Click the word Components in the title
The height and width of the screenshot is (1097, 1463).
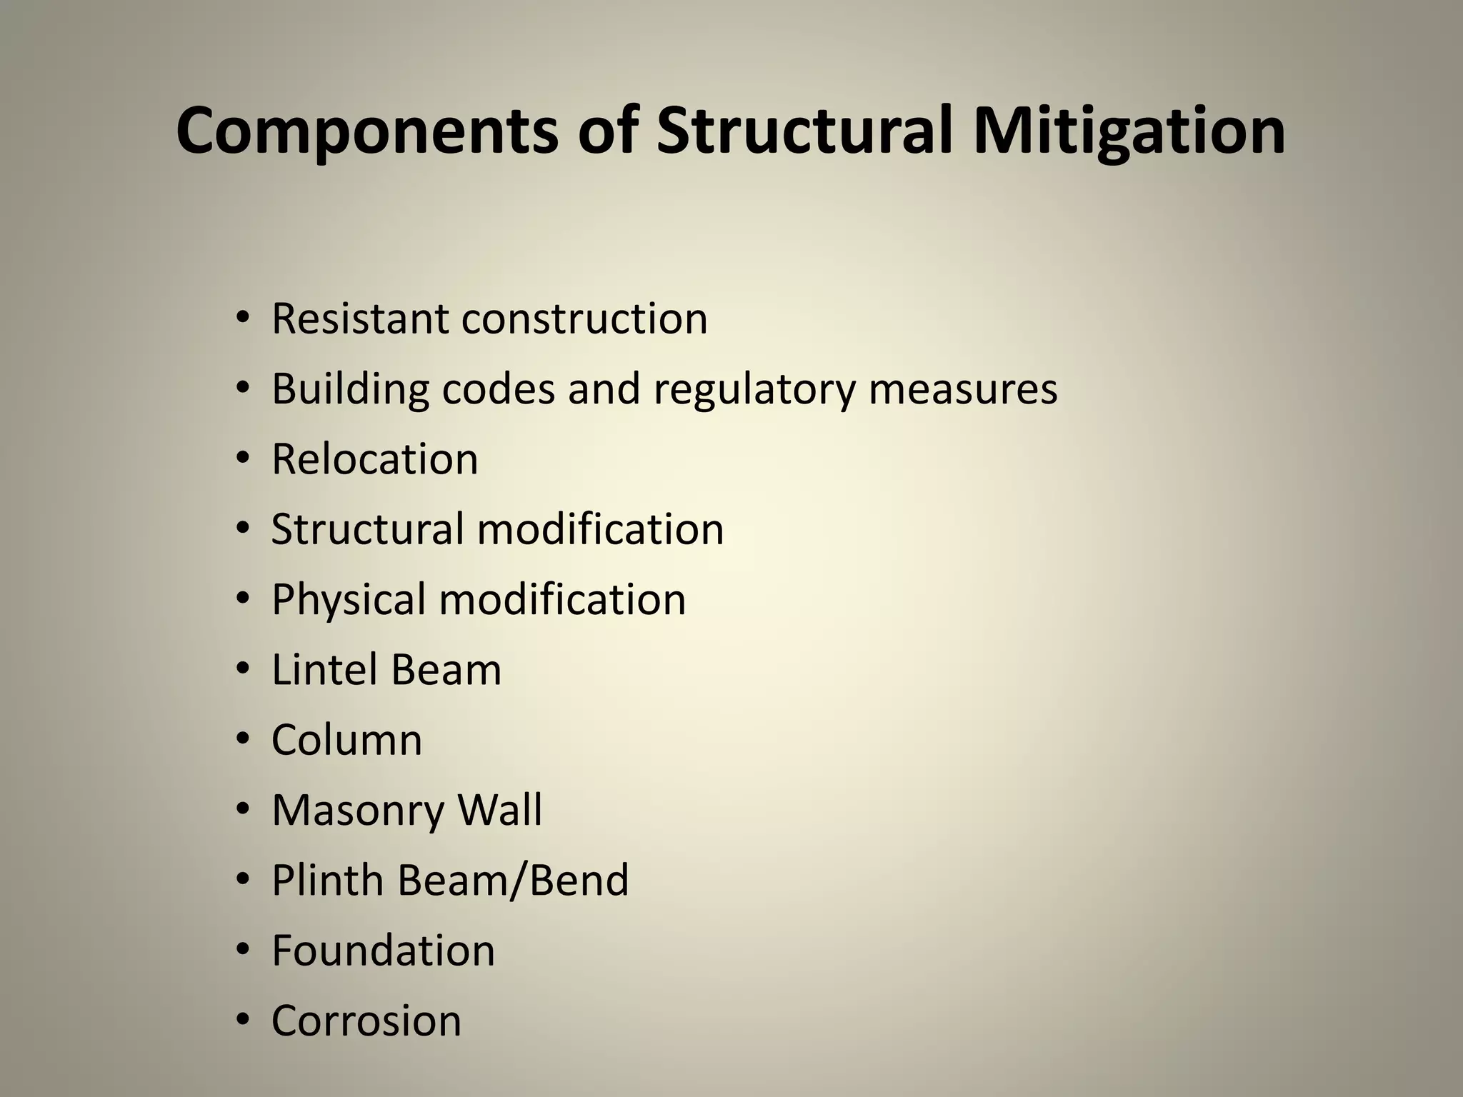coord(366,132)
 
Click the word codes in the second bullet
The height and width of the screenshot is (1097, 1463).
coord(498,389)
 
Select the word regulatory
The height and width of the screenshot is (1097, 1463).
coord(754,391)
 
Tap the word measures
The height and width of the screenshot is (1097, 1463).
coord(962,389)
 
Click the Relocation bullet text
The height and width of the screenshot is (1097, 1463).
coord(374,459)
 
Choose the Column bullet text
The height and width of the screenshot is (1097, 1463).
coord(346,740)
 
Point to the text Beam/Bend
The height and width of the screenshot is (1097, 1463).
coord(513,880)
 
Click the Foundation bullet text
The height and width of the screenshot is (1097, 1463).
coord(383,951)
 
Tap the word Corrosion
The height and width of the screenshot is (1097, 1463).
coord(366,1021)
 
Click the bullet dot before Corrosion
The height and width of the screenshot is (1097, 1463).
coord(243,1020)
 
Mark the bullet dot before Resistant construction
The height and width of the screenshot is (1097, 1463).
coord(243,318)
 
